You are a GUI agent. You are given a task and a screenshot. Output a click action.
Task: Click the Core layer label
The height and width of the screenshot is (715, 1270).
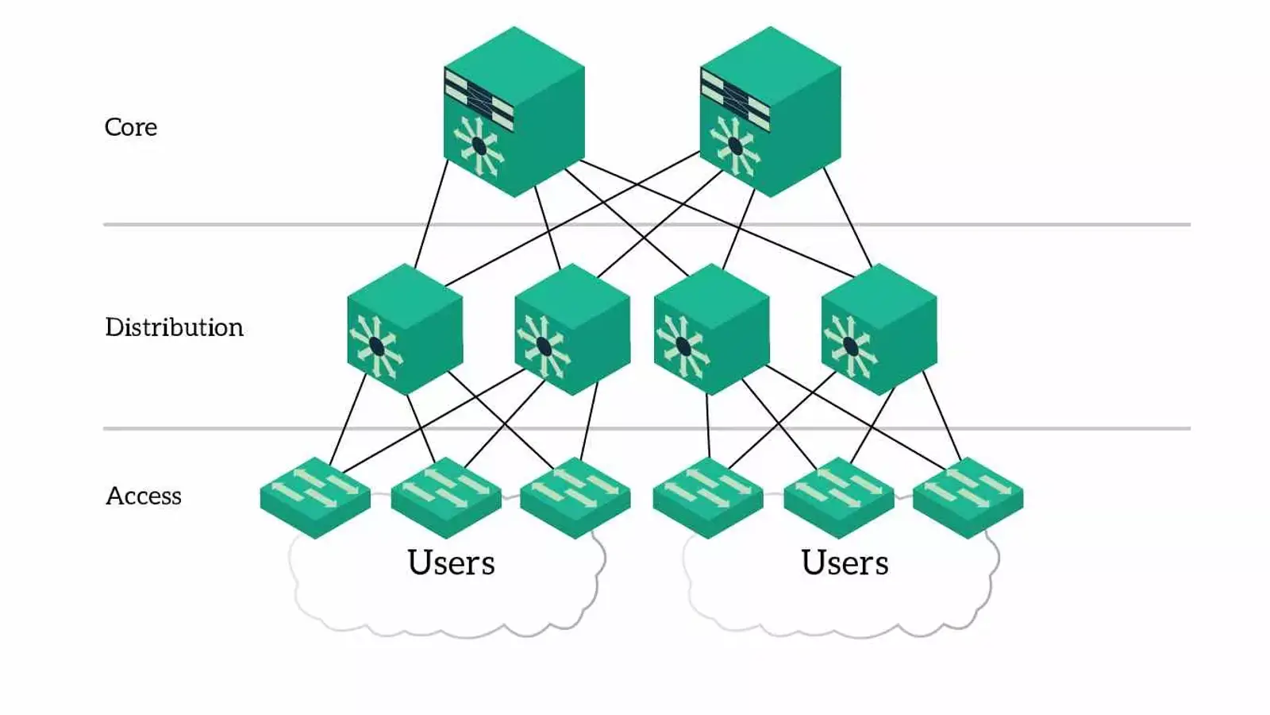coord(131,127)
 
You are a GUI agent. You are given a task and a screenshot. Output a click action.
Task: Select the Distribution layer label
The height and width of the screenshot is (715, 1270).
coord(174,327)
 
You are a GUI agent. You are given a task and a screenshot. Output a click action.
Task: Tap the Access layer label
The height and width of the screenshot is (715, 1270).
coord(144,496)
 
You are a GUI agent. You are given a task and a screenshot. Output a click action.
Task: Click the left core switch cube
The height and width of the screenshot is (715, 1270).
coord(514,111)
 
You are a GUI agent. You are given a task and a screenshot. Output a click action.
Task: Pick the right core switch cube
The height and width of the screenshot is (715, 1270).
coord(770,111)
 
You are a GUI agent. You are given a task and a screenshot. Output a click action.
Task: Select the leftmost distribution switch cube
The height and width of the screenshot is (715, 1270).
coord(405,330)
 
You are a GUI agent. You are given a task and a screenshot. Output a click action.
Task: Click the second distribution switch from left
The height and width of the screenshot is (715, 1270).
coord(572,330)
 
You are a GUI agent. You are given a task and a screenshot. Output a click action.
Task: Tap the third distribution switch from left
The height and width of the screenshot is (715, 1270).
coord(711,330)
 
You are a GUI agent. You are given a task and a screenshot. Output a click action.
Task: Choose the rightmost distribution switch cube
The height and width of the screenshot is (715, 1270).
coord(879,330)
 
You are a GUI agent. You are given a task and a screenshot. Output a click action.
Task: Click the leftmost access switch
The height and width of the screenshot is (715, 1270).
coord(315,497)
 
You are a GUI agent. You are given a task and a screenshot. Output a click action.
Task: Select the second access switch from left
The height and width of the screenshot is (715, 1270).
coord(446,497)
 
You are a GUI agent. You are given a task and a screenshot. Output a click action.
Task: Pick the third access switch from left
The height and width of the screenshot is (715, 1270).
coord(575,497)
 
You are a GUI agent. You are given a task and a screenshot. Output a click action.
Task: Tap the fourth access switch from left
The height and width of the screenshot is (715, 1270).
coord(708,497)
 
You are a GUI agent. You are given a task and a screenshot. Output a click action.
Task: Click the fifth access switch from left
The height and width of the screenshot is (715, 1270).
coord(839,497)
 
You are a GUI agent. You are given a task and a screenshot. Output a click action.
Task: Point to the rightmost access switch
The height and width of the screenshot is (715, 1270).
coord(968,497)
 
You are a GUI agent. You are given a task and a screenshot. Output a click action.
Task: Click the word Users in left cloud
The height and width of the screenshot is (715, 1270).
coord(451,562)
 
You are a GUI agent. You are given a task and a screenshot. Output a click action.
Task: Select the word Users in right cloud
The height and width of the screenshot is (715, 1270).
coord(845,562)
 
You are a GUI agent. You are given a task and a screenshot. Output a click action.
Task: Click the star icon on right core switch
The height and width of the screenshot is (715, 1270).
coord(735,146)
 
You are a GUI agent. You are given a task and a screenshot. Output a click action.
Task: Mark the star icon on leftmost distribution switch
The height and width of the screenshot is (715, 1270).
coord(376,347)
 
